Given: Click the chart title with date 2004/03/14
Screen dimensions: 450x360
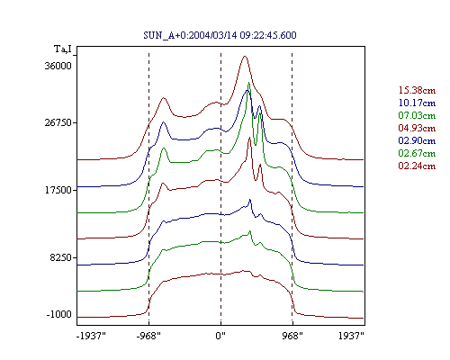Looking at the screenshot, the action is pyautogui.click(x=220, y=35).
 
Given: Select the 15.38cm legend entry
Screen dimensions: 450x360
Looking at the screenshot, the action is pyautogui.click(x=417, y=90).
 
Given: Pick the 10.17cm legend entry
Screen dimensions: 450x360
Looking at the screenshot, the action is pyautogui.click(x=417, y=103).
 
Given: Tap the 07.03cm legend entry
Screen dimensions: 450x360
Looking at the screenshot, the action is pyautogui.click(x=417, y=115).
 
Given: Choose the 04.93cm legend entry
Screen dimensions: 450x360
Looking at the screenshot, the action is pyautogui.click(x=417, y=128).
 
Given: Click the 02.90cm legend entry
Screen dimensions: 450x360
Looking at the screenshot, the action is pyautogui.click(x=417, y=140).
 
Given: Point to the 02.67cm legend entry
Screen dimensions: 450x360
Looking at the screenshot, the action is pyautogui.click(x=417, y=153).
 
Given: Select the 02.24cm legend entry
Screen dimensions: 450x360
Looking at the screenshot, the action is pyautogui.click(x=417, y=166).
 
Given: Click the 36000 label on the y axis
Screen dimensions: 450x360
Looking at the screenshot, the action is pyautogui.click(x=58, y=66).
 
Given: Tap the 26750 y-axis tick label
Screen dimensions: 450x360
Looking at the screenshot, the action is pyautogui.click(x=58, y=122).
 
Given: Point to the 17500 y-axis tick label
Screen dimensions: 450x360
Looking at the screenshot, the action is pyautogui.click(x=58, y=190).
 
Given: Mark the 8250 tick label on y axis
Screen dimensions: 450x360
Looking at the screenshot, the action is pyautogui.click(x=61, y=257).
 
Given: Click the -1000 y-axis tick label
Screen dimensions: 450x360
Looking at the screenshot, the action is pyautogui.click(x=59, y=314).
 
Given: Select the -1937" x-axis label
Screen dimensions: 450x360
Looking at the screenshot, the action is pyautogui.click(x=91, y=336).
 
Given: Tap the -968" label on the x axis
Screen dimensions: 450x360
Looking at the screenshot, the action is pyautogui.click(x=148, y=336).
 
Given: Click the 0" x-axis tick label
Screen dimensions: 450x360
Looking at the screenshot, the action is pyautogui.click(x=220, y=336).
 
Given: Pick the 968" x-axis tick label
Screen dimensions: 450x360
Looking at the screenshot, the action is pyautogui.click(x=292, y=336).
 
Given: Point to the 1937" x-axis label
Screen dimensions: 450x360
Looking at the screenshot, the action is pyautogui.click(x=351, y=336).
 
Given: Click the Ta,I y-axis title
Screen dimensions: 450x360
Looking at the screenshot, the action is pyautogui.click(x=63, y=49).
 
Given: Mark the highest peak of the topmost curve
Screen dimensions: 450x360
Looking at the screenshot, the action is pyautogui.click(x=245, y=56).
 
